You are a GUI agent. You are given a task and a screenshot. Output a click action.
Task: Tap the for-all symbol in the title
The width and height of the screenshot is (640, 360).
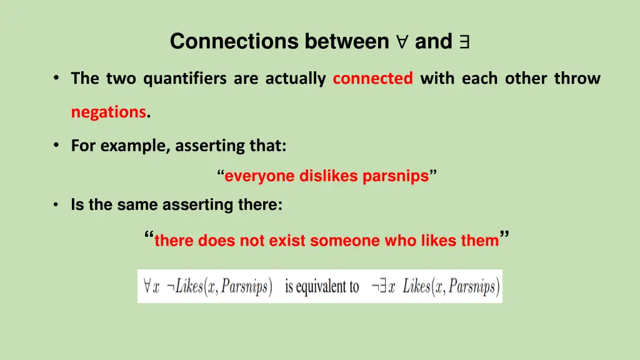coord(401,42)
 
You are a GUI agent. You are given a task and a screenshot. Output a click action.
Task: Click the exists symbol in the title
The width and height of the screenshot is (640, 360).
coord(464,42)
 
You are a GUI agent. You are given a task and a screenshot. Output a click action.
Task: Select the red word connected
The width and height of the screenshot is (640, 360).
coord(372,79)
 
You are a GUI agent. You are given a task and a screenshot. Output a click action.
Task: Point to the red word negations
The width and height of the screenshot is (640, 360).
coord(108,112)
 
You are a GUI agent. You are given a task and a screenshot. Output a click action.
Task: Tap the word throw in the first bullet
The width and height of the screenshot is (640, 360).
coord(577,79)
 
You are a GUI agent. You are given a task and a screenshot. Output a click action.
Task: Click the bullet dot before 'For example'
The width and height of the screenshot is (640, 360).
coord(56,145)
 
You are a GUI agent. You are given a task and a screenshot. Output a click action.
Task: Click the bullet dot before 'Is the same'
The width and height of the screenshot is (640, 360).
coord(56,205)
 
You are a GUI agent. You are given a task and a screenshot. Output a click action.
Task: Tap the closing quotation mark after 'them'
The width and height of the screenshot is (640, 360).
coord(505,236)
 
